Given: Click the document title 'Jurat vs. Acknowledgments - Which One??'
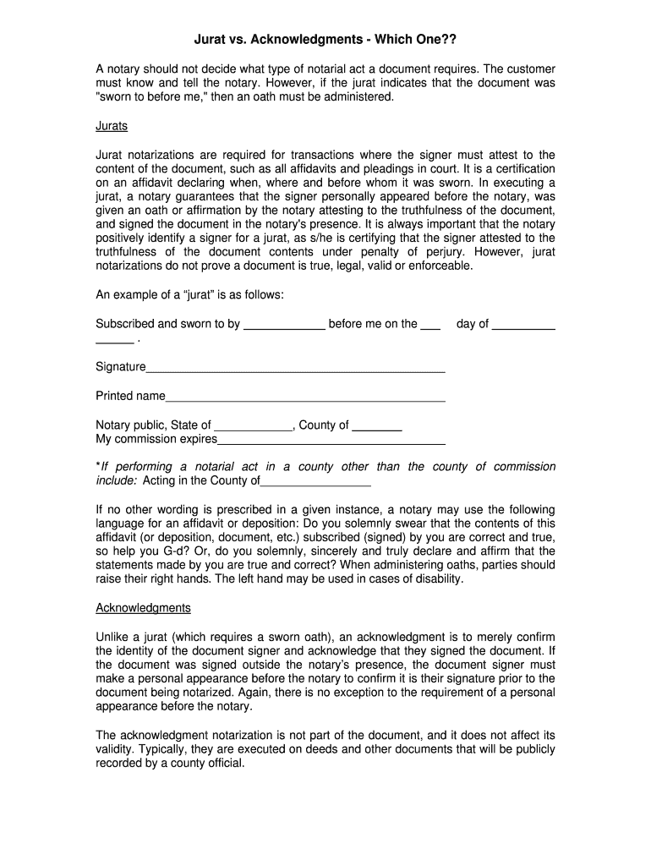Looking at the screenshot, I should tap(325, 40).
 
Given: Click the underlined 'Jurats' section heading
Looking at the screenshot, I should tap(112, 126).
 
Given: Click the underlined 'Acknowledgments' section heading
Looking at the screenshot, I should tap(143, 608).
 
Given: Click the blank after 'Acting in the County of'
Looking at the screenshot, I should tap(315, 485).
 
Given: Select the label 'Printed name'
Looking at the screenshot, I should tap(130, 396).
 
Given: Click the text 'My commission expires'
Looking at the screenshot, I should tap(156, 439).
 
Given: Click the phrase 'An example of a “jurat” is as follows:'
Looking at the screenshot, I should tap(189, 294).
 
